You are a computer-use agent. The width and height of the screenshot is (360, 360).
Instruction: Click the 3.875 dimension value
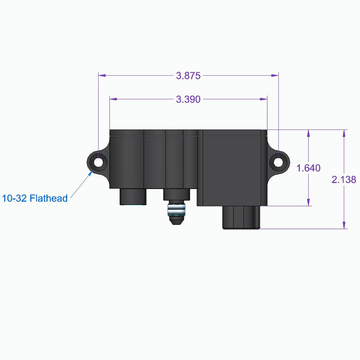pyautogui.click(x=188, y=76)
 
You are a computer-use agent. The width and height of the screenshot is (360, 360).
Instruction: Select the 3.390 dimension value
pyautogui.click(x=188, y=99)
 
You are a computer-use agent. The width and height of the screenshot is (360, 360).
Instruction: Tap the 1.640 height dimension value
pyautogui.click(x=308, y=168)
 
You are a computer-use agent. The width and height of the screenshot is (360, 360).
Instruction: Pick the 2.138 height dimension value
pyautogui.click(x=344, y=179)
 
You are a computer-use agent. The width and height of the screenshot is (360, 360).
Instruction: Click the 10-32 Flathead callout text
pyautogui.click(x=35, y=198)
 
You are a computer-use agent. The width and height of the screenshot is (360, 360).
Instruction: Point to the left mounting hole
pyautogui.click(x=98, y=162)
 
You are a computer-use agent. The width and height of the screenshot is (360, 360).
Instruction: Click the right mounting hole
pyautogui.click(x=278, y=162)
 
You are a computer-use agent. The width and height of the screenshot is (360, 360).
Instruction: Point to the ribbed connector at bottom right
pyautogui.click(x=241, y=217)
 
